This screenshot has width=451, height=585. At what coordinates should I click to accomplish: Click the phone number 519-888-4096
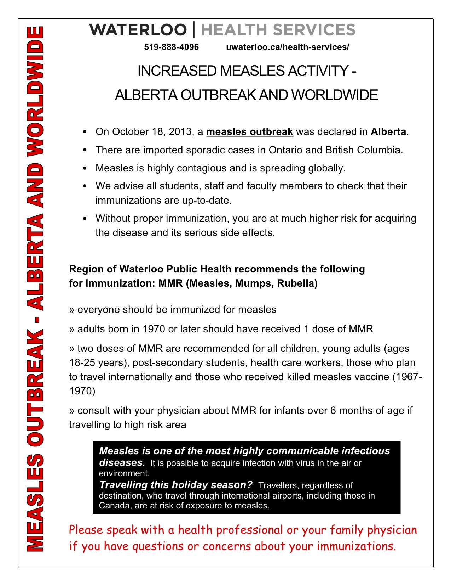coord(171,47)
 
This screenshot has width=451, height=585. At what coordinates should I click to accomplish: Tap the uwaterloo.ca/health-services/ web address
coord(287,47)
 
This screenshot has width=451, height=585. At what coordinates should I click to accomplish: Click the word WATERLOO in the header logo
coord(138,30)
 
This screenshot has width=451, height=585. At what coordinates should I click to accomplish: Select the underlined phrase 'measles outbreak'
coord(249,132)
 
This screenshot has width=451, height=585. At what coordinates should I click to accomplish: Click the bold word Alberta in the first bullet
coord(388,132)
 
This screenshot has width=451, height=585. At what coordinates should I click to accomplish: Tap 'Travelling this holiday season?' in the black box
coord(176,485)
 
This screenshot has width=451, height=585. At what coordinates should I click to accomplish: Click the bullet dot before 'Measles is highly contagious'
coord(84,168)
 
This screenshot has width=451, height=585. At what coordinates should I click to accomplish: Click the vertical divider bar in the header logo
coord(194,29)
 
